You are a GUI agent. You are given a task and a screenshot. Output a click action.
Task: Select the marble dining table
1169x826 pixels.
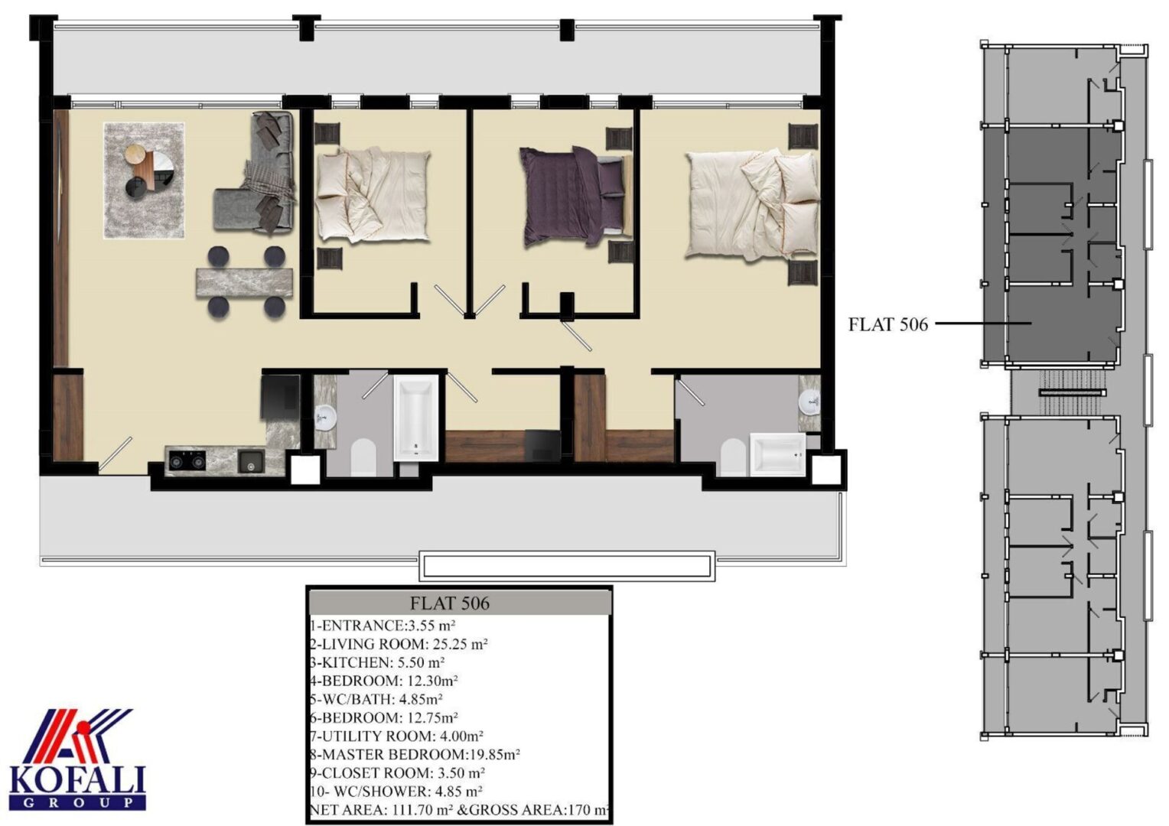[244, 282]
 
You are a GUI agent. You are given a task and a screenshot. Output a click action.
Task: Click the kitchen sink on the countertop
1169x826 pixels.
[251, 461]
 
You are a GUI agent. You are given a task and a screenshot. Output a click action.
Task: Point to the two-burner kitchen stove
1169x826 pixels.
[185, 460]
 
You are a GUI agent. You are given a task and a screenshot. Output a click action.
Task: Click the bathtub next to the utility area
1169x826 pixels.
[415, 418]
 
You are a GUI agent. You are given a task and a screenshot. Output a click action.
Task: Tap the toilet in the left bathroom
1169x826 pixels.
[363, 457]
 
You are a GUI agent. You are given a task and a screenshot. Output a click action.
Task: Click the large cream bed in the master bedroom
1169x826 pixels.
[751, 204]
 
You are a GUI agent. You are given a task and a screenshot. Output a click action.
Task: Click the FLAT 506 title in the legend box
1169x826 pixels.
[449, 603]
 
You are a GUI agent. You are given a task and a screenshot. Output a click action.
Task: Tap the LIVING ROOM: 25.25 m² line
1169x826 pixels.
[399, 644]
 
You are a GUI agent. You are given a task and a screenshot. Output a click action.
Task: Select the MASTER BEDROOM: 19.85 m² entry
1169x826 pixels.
[415, 755]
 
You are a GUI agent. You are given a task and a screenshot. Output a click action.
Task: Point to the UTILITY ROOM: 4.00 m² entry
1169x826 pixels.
[396, 737]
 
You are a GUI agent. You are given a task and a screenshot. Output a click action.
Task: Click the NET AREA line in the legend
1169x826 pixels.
[459, 810]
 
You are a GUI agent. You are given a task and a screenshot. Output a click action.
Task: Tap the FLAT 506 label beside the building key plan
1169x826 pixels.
[888, 324]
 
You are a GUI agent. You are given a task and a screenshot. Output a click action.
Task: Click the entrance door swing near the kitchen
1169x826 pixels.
[116, 454]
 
